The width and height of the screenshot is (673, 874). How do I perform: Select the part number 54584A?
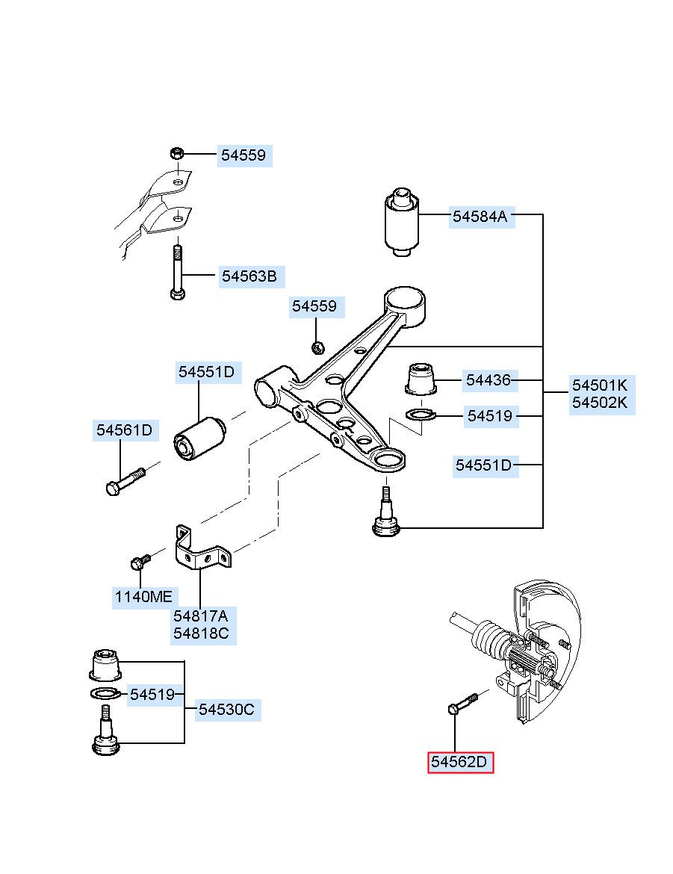(x=480, y=217)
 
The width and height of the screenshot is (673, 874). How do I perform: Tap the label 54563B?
(x=249, y=276)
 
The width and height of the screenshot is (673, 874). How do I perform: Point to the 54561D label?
(x=124, y=430)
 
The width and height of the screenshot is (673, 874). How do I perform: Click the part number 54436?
(x=489, y=380)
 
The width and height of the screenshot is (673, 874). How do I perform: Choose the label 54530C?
(x=226, y=710)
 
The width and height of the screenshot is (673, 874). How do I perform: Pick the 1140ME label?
(x=143, y=597)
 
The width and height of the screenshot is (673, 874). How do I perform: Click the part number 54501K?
(x=600, y=385)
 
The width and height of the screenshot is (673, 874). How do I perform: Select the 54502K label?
(x=600, y=403)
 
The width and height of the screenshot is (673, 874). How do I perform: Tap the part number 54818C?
(x=201, y=633)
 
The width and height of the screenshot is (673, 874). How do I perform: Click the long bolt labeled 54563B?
(x=177, y=273)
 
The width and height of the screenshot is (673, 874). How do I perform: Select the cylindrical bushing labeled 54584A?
(x=401, y=223)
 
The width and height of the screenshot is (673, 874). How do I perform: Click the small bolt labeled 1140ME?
(x=140, y=562)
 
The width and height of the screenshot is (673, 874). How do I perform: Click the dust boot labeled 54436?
(x=420, y=379)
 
